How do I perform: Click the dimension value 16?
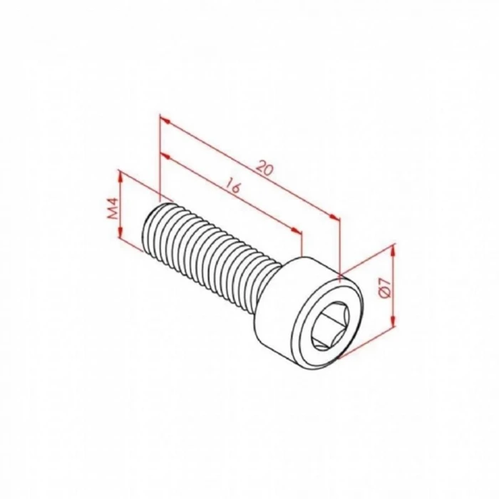[x=232, y=186]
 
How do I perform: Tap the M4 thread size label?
[x=111, y=210]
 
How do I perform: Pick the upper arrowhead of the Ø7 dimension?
[x=393, y=249]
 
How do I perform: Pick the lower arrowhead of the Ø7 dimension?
[x=393, y=326]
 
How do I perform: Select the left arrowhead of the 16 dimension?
[x=163, y=155]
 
